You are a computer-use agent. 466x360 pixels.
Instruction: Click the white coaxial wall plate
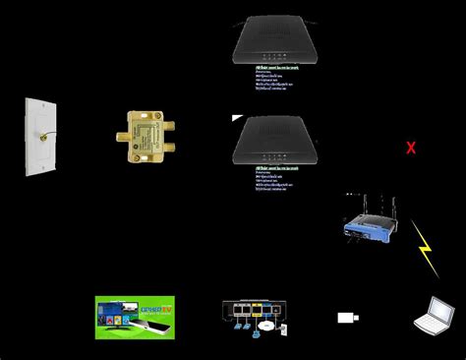pyautogui.click(x=39, y=138)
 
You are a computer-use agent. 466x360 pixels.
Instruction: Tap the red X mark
pyautogui.click(x=411, y=149)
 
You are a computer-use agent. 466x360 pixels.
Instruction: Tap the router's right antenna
pyautogui.click(x=390, y=206)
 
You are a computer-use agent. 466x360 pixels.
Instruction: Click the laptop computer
pyautogui.click(x=433, y=315)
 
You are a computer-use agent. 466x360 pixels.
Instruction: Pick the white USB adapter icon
pyautogui.click(x=347, y=318)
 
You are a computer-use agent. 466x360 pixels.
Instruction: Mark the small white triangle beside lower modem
pyautogui.click(x=236, y=118)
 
